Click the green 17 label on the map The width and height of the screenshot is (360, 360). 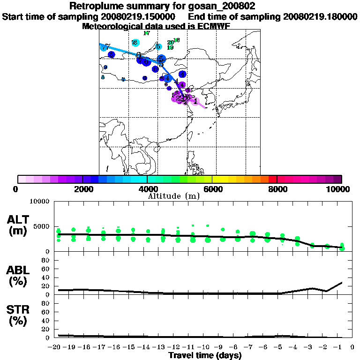click(x=146, y=33)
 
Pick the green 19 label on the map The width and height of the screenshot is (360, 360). click(x=170, y=48)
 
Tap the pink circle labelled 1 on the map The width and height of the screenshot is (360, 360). click(x=196, y=101)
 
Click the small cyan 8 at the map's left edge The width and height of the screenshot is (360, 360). click(x=103, y=77)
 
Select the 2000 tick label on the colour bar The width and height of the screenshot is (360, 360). click(x=82, y=189)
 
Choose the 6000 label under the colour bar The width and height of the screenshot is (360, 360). click(x=212, y=189)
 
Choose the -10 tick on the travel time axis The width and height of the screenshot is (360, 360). click(x=206, y=347)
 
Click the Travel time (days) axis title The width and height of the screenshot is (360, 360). click(x=205, y=356)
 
